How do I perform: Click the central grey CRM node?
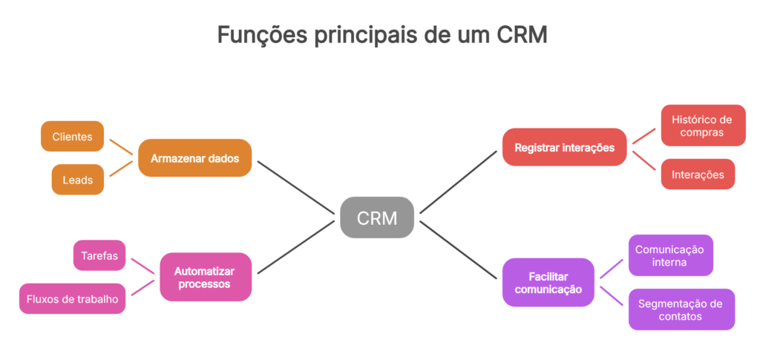376,217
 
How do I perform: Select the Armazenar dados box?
194,158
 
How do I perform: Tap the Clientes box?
72,137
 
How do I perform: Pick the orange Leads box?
77,180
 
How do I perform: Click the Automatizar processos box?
206,277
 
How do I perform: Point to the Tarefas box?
99,255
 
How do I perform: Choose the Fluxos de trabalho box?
71,298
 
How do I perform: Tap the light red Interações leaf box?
698,174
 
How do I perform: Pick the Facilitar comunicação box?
548,282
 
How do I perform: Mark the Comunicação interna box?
670,255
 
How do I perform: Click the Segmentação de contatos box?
681,310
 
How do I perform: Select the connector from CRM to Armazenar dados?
295,189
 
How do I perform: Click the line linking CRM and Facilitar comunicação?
459,249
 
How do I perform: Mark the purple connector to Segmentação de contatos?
612,296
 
